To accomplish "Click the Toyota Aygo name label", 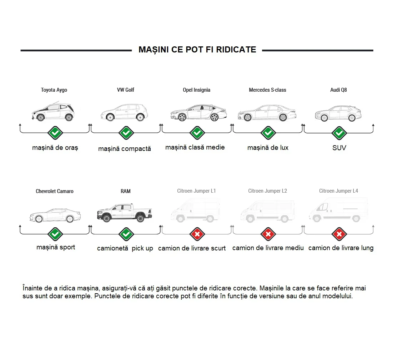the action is click(54, 90).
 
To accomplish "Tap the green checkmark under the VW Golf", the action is click(126, 133).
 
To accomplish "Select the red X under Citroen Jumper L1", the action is click(197, 234).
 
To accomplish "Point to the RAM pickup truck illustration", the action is click(125, 213).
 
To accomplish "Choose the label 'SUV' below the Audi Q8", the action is click(339, 148).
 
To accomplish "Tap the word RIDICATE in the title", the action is click(236, 50).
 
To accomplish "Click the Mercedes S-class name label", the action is click(267, 90).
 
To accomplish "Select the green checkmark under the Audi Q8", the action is click(339, 133).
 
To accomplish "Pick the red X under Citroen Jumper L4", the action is click(339, 234).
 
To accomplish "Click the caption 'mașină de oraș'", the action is click(55, 148).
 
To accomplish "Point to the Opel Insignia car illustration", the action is click(199, 113).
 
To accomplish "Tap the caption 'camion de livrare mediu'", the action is click(268, 248).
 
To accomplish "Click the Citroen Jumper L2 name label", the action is click(267, 191).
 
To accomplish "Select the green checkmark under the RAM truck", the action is click(126, 234).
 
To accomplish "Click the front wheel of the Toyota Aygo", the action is click(40, 117).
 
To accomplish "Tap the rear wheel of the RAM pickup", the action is click(140, 218).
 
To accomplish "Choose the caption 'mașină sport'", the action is click(56, 247).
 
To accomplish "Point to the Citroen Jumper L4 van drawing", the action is click(339, 210).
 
